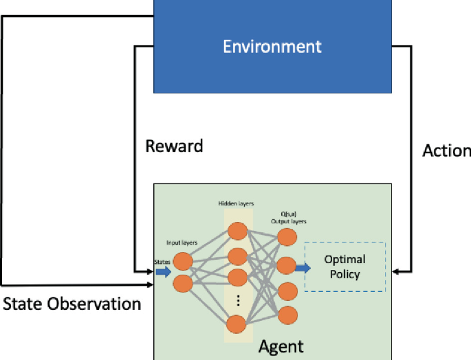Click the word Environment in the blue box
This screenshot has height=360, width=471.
click(272, 47)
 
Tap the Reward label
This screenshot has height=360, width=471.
click(174, 146)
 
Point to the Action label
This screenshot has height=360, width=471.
click(447, 150)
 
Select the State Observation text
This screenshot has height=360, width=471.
click(72, 304)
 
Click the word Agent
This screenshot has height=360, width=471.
click(281, 347)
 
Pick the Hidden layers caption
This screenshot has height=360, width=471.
click(236, 203)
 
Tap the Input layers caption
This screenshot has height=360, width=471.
click(182, 243)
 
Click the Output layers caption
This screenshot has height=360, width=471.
click(289, 222)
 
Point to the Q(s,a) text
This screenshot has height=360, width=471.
click(289, 214)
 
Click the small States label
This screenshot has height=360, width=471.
click(162, 262)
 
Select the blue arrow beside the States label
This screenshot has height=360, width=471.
click(164, 272)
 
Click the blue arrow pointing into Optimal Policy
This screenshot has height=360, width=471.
click(303, 268)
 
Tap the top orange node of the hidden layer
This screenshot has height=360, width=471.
click(237, 232)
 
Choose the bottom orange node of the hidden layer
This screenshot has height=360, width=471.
click(236, 324)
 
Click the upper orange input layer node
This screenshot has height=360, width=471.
click(183, 261)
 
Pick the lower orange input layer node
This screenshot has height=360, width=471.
click(183, 284)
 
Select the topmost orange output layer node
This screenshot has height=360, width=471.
click(287, 237)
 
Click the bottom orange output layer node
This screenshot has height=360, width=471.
click(288, 315)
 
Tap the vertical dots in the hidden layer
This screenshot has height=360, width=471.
click(238, 300)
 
